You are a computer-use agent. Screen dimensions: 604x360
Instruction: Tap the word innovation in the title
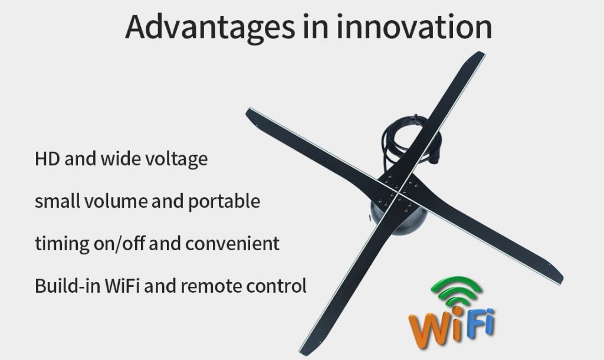415,27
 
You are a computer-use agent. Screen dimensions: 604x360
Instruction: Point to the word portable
224,202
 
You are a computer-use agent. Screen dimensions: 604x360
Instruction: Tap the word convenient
232,244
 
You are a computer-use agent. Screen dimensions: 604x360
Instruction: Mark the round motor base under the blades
398,220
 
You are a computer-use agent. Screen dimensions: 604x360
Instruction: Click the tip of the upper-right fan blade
480,54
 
